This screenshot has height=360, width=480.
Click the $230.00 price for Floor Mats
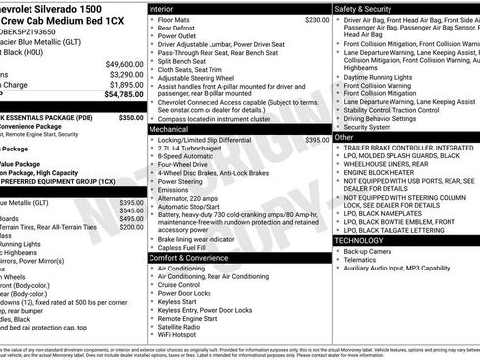pyautogui.click(x=317, y=20)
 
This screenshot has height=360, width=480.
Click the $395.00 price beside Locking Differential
pyautogui.click(x=317, y=140)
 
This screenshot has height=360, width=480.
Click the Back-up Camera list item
pyautogui.click(x=368, y=251)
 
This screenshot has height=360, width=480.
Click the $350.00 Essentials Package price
pyautogui.click(x=131, y=117)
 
